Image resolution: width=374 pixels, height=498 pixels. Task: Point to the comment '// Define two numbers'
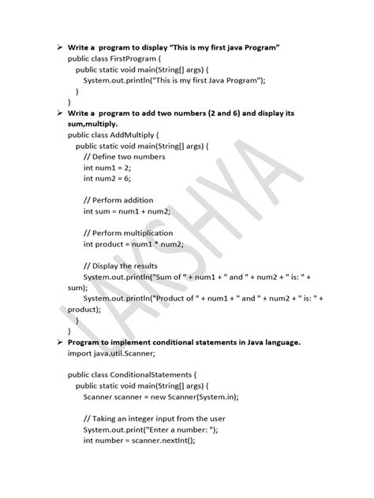coord(125,157)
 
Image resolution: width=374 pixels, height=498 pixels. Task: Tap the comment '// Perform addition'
coord(118,200)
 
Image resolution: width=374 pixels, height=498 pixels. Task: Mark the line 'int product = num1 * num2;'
coord(134,244)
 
